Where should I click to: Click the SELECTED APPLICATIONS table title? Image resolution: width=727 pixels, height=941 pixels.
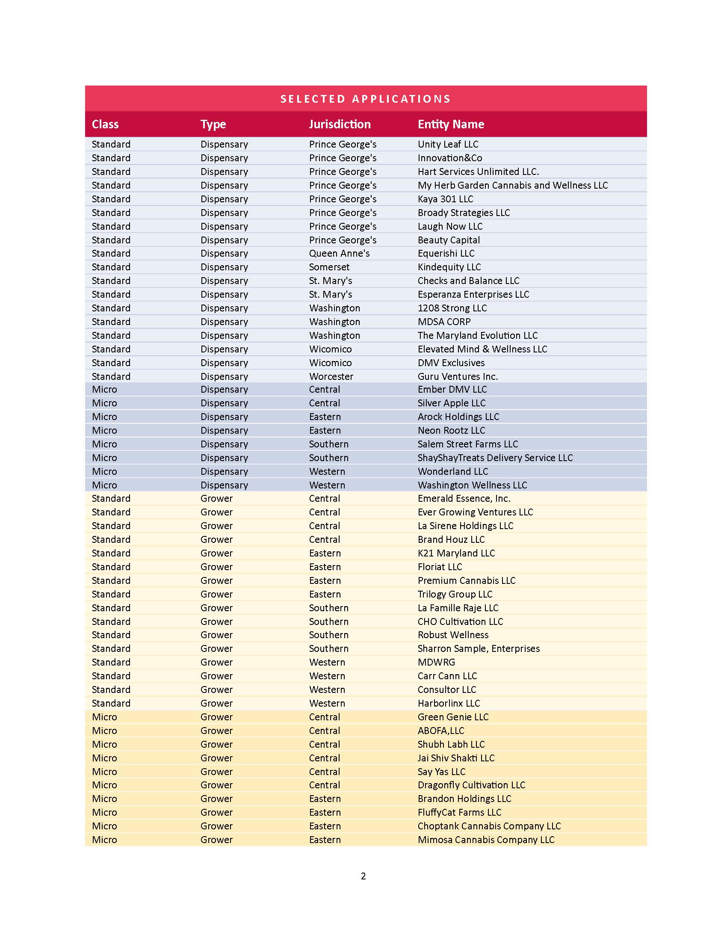tap(365, 99)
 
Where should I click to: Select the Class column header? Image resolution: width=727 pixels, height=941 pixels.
tap(105, 124)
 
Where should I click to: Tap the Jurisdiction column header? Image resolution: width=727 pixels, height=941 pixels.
tap(340, 124)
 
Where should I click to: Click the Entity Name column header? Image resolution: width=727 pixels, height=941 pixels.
tap(450, 124)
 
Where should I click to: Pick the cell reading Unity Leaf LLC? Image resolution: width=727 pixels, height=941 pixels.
tap(447, 144)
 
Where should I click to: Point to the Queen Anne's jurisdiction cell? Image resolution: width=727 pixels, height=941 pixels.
tap(339, 253)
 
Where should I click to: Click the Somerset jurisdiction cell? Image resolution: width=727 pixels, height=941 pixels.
tap(329, 267)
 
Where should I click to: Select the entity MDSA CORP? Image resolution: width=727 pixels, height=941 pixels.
tap(443, 322)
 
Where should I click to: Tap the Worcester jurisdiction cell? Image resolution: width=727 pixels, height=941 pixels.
tap(331, 376)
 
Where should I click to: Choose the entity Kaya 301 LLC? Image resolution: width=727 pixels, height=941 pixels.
tap(445, 199)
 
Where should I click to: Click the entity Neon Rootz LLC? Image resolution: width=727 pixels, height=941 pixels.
tap(451, 430)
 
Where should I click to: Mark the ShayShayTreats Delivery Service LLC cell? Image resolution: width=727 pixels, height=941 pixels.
tap(495, 458)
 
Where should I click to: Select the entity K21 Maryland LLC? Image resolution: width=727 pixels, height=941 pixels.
tap(456, 553)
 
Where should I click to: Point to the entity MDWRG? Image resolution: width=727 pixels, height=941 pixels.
tap(436, 662)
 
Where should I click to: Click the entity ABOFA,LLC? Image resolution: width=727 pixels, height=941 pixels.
tap(440, 731)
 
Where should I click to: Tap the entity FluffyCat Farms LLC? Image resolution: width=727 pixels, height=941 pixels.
tap(459, 812)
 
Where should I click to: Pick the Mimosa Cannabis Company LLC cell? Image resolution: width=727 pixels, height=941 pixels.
tap(486, 840)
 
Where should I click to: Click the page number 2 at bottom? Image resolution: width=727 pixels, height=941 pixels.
tap(363, 876)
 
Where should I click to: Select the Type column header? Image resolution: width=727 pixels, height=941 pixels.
tap(213, 124)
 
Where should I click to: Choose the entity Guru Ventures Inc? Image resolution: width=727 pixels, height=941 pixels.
tap(458, 376)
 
